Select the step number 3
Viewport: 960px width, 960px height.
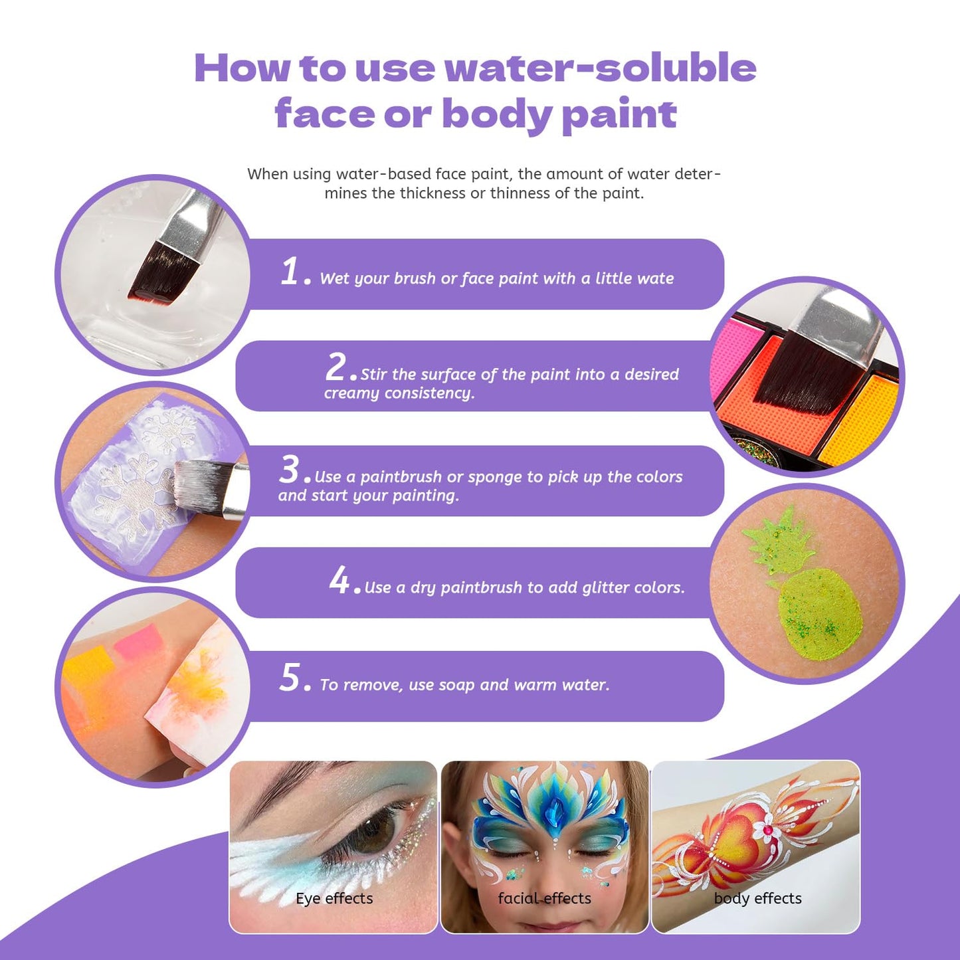(x=289, y=469)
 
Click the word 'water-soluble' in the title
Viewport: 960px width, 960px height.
(x=601, y=68)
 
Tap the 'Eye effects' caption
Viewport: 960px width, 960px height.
(x=334, y=898)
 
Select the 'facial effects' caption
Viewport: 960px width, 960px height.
(x=545, y=898)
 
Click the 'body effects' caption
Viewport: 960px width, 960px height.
(x=758, y=898)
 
